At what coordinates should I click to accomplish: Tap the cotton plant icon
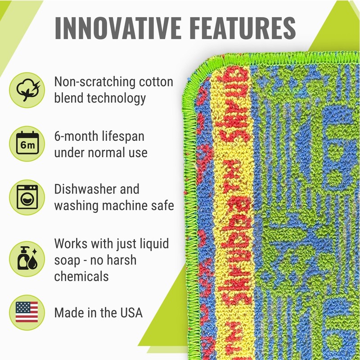pos(27,88)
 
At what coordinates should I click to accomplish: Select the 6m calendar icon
pos(27,144)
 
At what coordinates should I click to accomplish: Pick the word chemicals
pos(81,276)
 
